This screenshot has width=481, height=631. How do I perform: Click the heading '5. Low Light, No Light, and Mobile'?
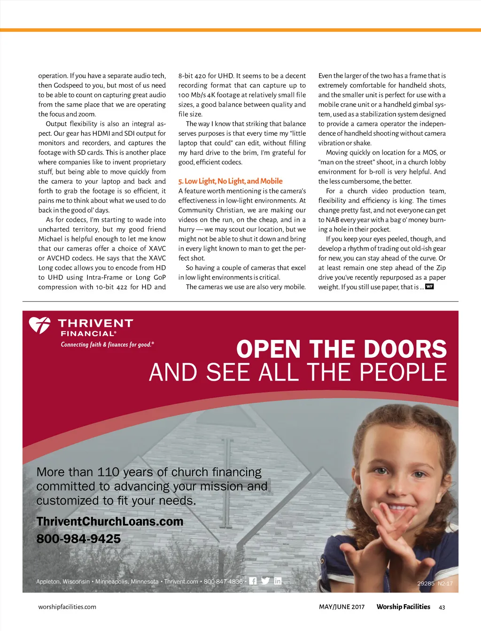click(230, 181)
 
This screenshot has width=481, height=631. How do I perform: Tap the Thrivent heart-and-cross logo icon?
click(39, 325)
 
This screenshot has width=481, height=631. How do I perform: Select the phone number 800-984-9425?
click(78, 539)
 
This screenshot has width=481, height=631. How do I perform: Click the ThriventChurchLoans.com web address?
click(110, 522)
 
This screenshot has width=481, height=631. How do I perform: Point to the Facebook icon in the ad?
click(253, 581)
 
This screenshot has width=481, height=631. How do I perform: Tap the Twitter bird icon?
click(265, 581)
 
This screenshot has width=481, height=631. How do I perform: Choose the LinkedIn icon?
click(278, 581)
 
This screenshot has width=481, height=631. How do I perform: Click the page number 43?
click(442, 607)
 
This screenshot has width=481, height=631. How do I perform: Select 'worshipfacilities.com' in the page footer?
click(67, 607)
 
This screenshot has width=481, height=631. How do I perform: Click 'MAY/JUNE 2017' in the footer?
click(341, 607)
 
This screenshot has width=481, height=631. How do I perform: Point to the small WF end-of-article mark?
click(429, 286)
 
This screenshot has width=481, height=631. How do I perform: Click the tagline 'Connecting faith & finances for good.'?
click(107, 345)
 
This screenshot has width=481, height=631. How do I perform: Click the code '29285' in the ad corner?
click(426, 584)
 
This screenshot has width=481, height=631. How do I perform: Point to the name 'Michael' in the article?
click(50, 239)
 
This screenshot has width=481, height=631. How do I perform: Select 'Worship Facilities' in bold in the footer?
click(403, 607)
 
